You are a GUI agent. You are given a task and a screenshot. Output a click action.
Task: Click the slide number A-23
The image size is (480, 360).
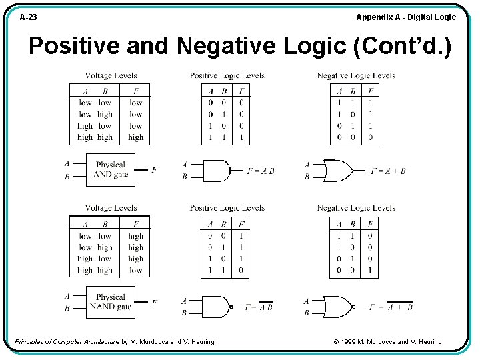[x=28, y=17]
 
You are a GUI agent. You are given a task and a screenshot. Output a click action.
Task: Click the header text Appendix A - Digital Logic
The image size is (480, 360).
[x=406, y=17]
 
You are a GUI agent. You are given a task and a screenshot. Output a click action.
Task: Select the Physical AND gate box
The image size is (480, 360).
[x=111, y=170]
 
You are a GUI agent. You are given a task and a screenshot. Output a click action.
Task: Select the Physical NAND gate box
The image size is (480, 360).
[x=111, y=302]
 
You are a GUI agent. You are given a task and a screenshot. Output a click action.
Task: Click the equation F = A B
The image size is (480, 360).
[x=260, y=171]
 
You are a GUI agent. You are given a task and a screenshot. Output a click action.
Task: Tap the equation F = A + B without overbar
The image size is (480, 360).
[x=388, y=171]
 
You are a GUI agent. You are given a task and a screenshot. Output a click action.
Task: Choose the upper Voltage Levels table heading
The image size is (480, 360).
[x=111, y=76]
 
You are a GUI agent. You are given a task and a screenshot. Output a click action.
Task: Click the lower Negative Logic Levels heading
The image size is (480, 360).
[x=356, y=208]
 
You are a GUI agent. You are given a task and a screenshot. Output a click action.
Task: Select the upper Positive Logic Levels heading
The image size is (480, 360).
[x=227, y=76]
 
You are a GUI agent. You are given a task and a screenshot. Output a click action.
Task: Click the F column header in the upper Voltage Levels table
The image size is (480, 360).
[x=136, y=91]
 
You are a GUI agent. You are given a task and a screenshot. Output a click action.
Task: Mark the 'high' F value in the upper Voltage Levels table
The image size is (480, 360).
[x=136, y=137]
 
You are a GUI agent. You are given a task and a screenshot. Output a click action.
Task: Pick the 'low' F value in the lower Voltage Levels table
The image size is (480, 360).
[x=136, y=271]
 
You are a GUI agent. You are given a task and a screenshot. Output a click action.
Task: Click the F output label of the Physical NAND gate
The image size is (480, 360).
[x=155, y=303]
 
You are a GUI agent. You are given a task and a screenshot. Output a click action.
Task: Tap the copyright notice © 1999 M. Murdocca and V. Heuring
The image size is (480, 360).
[x=387, y=342]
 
